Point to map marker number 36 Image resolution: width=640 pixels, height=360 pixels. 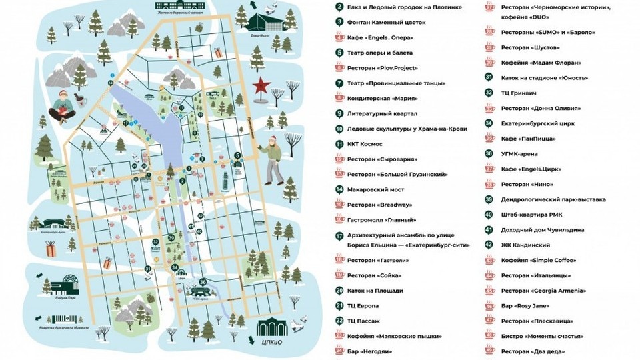(203, 283)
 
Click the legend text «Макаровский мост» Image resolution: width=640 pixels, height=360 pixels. (373, 189)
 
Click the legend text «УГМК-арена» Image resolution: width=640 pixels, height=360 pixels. (524, 153)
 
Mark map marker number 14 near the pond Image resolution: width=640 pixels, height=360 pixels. (111, 82)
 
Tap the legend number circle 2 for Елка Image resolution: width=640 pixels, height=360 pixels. (340, 7)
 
